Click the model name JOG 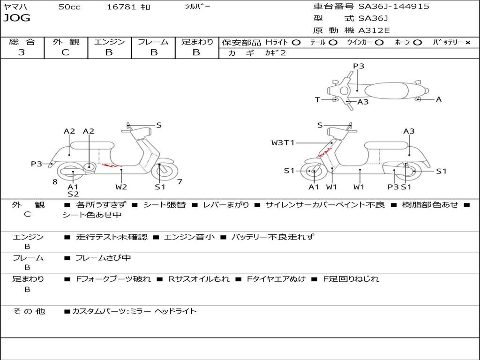pyautogui.click(x=16, y=18)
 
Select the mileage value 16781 pyautogui.click(x=121, y=7)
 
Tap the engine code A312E pyautogui.click(x=374, y=31)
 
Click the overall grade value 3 pyautogui.click(x=22, y=52)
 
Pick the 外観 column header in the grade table pyautogui.click(x=66, y=42)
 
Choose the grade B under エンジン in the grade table pyautogui.click(x=109, y=52)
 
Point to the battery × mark pyautogui.click(x=467, y=42)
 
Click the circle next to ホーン pyautogui.click(x=418, y=42)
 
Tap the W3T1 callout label pyautogui.click(x=283, y=142)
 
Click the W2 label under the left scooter pyautogui.click(x=121, y=187)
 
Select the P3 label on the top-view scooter pyautogui.click(x=359, y=66)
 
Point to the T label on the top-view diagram pyautogui.click(x=317, y=99)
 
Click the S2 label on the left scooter pyautogui.click(x=73, y=194)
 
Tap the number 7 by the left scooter pyautogui.click(x=180, y=181)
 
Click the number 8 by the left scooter pyautogui.click(x=55, y=181)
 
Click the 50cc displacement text pyautogui.click(x=69, y=7)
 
